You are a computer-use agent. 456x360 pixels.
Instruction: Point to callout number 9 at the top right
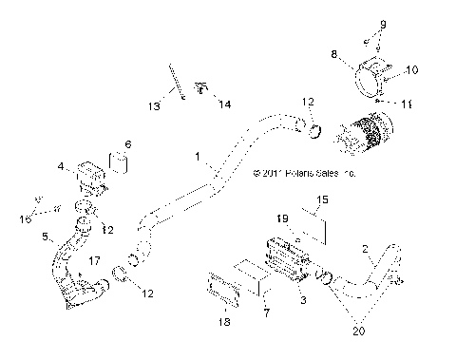383,24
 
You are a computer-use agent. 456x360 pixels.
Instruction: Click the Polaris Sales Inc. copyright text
304,175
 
